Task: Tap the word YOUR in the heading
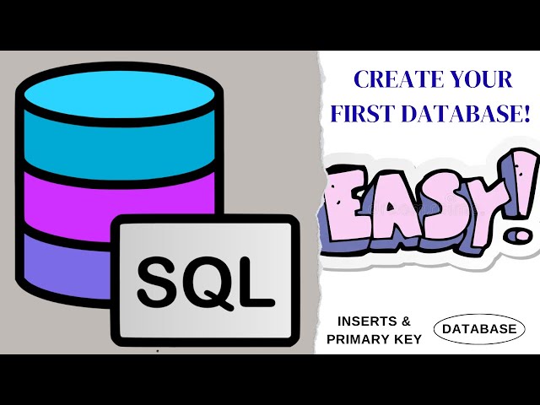tap(481, 80)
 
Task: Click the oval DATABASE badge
tap(479, 330)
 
